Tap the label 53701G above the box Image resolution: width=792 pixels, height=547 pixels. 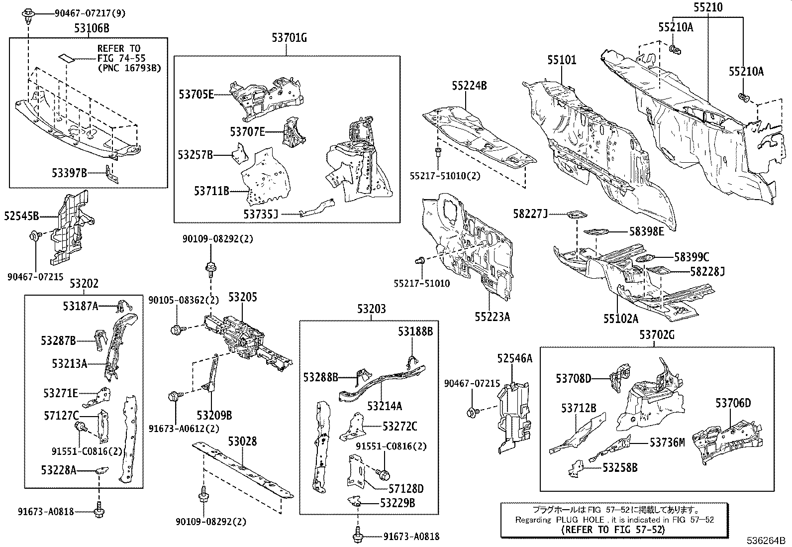[289, 37]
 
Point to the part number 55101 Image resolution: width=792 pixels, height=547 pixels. [562, 60]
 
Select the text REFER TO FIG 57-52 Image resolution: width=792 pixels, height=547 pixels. [612, 530]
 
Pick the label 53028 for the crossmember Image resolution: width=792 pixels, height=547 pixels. [242, 441]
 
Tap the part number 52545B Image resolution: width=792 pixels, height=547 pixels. [21, 216]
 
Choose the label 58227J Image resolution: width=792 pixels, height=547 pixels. [530, 214]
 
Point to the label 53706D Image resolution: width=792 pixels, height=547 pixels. [733, 403]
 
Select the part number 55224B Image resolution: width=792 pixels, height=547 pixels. [469, 86]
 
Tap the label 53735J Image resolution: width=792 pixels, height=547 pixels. [260, 214]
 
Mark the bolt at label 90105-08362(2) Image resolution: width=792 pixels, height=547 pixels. [176, 329]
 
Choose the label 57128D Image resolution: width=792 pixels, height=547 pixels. [406, 488]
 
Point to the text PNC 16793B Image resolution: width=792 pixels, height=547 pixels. [129, 68]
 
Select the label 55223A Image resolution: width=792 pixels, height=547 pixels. [492, 317]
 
